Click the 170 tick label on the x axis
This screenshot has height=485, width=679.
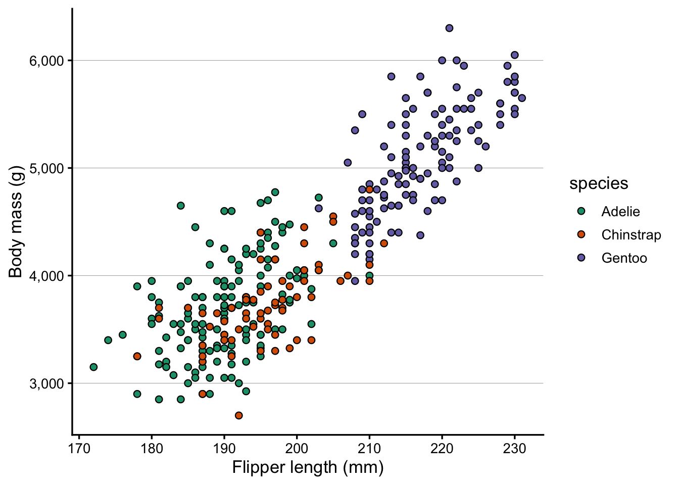79,449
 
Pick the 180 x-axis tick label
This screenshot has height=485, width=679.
152,449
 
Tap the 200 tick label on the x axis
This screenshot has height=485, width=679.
297,449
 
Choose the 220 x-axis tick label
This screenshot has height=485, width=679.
442,449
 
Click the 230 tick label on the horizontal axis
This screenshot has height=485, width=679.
515,449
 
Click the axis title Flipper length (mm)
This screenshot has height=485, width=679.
308,467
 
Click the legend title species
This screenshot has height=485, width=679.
599,183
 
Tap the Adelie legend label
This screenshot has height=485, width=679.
620,212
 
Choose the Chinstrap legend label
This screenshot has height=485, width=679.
631,235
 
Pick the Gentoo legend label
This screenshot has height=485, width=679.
624,258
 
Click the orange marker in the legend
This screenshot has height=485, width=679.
581,234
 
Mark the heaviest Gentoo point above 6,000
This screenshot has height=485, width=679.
449,28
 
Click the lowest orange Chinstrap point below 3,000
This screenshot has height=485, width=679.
239,415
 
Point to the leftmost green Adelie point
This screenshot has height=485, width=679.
93,367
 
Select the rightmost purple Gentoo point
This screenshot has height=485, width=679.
522,98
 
